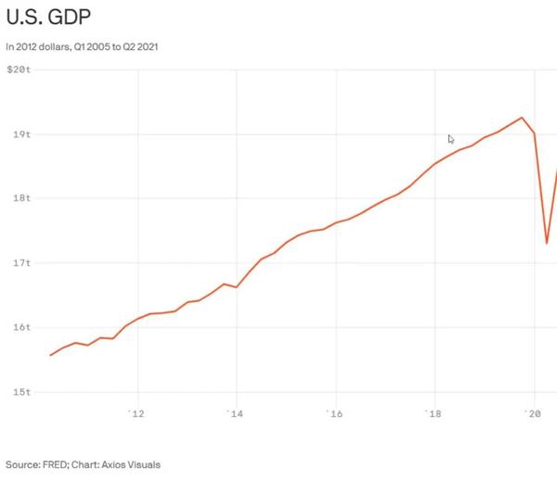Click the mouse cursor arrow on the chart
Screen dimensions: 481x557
pyautogui.click(x=451, y=139)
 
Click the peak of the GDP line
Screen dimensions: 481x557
pyautogui.click(x=522, y=118)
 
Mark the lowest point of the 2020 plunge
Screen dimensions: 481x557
pyautogui.click(x=547, y=243)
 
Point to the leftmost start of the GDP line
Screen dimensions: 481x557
pyautogui.click(x=50, y=355)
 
